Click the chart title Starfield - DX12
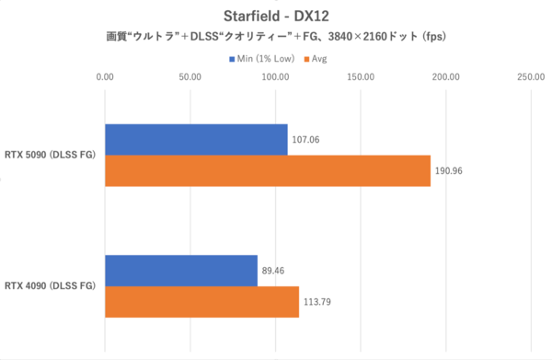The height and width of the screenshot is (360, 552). pyautogui.click(x=276, y=16)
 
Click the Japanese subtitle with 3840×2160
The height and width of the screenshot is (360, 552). pyautogui.click(x=276, y=38)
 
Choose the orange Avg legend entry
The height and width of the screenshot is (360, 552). pyautogui.click(x=317, y=59)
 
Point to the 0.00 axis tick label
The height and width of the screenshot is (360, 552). pyautogui.click(x=106, y=78)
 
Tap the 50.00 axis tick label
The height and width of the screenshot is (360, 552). pyautogui.click(x=190, y=78)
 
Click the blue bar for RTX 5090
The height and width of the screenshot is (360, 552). pyautogui.click(x=196, y=139)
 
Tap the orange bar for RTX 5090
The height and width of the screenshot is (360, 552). pyautogui.click(x=268, y=170)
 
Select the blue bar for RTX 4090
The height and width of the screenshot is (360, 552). pyautogui.click(x=181, y=271)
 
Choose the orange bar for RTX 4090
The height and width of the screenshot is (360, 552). pyautogui.click(x=201, y=302)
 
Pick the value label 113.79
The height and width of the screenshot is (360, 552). pyautogui.click(x=319, y=303)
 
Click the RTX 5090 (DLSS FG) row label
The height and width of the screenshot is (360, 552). pyautogui.click(x=52, y=155)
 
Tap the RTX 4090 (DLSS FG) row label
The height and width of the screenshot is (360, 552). pyautogui.click(x=52, y=286)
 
